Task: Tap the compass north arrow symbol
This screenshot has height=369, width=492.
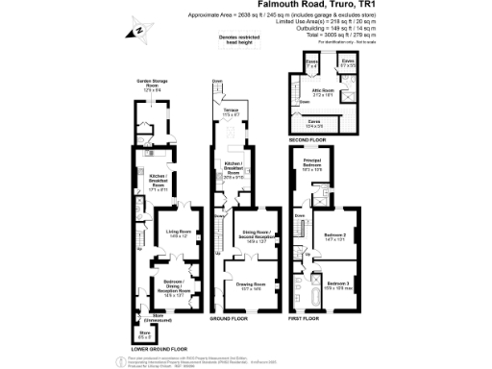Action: pyautogui.click(x=138, y=32)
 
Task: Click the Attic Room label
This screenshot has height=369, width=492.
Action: pyautogui.click(x=322, y=93)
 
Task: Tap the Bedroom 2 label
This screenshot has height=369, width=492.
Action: pyautogui.click(x=333, y=236)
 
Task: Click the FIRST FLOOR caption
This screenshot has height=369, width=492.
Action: pyautogui.click(x=307, y=316)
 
